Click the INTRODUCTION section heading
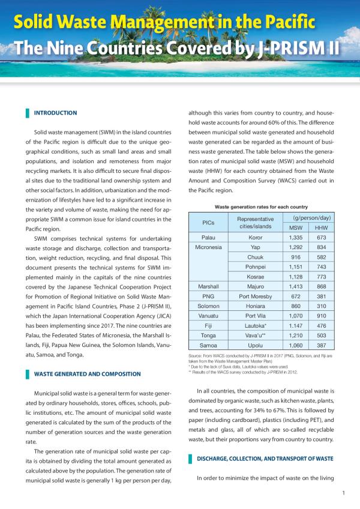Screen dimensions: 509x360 pyautogui.click(x=55, y=113)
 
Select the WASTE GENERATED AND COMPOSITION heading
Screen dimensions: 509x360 pyautogui.click(x=87, y=374)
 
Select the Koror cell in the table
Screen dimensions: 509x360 pyautogui.click(x=255, y=237)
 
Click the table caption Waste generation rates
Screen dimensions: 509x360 pyautogui.click(x=260, y=205)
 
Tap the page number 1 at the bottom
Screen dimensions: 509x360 pyautogui.click(x=342, y=493)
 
